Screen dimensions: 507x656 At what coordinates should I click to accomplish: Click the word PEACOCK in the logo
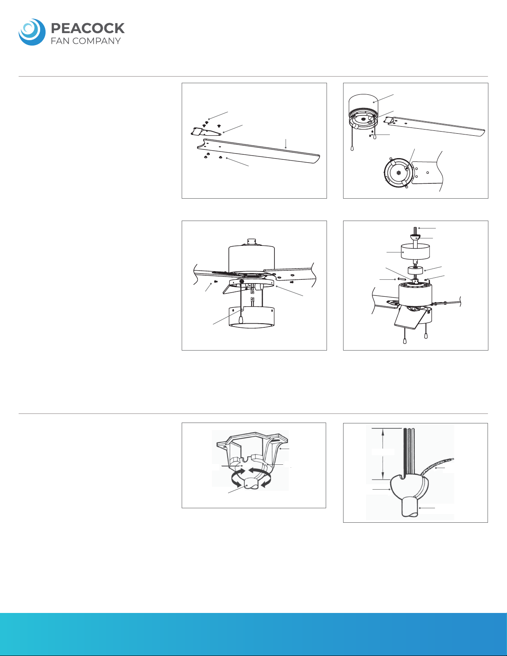point(87,28)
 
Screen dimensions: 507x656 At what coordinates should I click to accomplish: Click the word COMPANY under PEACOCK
point(96,41)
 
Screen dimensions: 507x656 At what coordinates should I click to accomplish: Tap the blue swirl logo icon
point(32,32)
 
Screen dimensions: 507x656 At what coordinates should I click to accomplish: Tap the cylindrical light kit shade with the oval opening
point(251,317)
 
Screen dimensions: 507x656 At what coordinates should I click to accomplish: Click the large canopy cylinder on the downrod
point(415,252)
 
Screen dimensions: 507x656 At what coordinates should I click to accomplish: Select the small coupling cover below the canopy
point(416,270)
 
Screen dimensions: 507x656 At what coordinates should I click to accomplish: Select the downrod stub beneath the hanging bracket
point(250,484)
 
